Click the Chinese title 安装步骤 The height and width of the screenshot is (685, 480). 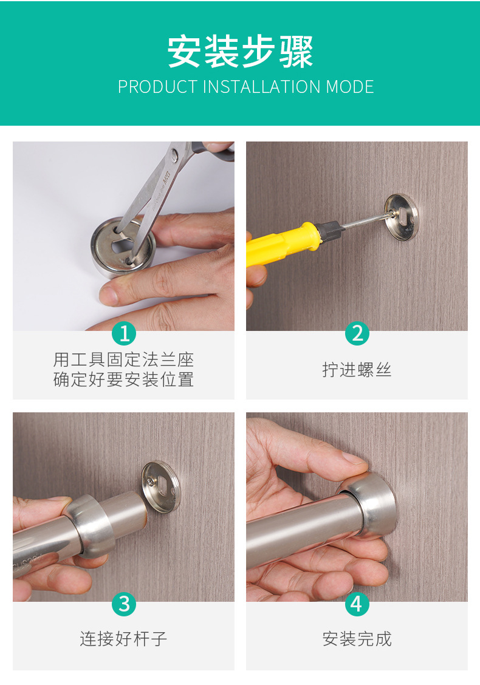pyautogui.click(x=241, y=52)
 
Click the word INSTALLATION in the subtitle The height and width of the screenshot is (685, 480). pyautogui.click(x=261, y=87)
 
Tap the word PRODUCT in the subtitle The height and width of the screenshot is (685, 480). pyautogui.click(x=158, y=87)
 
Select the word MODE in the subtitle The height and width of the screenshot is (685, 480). pyautogui.click(x=350, y=87)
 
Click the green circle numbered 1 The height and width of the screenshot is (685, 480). pyautogui.click(x=124, y=333)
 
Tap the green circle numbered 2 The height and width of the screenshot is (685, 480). pyautogui.click(x=357, y=333)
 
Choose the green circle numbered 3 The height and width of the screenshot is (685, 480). pyautogui.click(x=124, y=604)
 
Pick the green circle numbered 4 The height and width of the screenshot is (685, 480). pyautogui.click(x=357, y=604)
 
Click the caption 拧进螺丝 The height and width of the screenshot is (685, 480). pyautogui.click(x=357, y=370)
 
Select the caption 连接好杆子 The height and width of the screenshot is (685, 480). pyautogui.click(x=124, y=639)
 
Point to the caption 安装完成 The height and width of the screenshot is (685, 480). pyautogui.click(x=357, y=639)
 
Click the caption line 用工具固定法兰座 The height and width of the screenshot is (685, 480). pyautogui.click(x=124, y=360)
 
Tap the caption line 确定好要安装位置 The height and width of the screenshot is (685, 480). pyautogui.click(x=124, y=379)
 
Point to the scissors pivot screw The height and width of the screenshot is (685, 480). pyautogui.click(x=175, y=154)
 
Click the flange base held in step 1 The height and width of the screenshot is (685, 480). pyautogui.click(x=123, y=247)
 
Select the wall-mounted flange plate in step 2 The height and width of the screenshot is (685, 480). pyautogui.click(x=401, y=217)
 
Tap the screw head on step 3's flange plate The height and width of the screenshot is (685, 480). pyautogui.click(x=151, y=481)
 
